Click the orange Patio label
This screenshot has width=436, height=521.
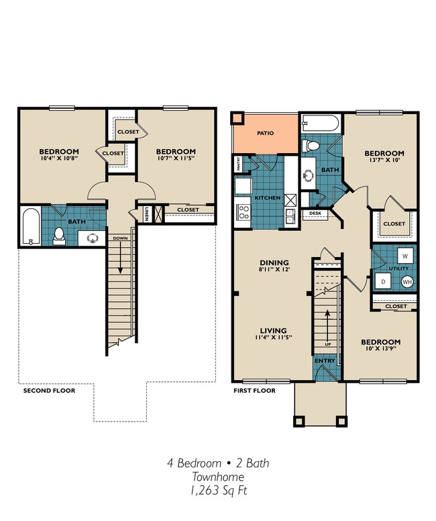[x=266, y=133]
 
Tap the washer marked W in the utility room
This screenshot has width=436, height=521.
[x=406, y=256]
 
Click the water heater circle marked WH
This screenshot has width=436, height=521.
[x=407, y=282]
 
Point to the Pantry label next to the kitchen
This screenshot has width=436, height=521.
[x=237, y=164]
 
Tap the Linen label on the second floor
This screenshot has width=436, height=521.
[x=146, y=214]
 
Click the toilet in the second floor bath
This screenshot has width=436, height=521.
[x=58, y=234]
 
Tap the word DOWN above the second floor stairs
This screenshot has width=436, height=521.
[x=121, y=238]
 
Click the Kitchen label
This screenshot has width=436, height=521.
[x=266, y=199]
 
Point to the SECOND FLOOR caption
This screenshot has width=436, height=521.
[x=49, y=390]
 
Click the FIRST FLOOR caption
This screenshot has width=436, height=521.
[x=255, y=390]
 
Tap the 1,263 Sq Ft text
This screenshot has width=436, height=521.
[x=218, y=491]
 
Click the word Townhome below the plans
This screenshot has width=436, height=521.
[x=218, y=477]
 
